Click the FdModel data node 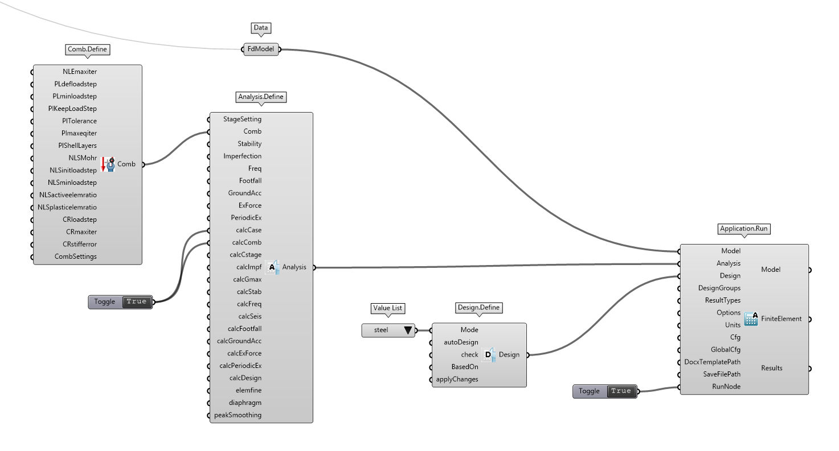[261, 49]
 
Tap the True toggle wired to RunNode [621, 391]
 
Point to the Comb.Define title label [88, 49]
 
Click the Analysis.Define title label [261, 97]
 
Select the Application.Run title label [744, 229]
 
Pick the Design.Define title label [478, 308]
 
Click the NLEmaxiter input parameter [80, 72]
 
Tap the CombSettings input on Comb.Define [75, 256]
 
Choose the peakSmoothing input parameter [238, 415]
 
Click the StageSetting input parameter [242, 119]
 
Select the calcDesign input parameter [245, 378]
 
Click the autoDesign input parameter [461, 342]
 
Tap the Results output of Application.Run [772, 368]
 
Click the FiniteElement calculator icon [751, 319]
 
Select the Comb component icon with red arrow [108, 164]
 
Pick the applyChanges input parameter [457, 379]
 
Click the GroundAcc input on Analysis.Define [244, 193]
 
